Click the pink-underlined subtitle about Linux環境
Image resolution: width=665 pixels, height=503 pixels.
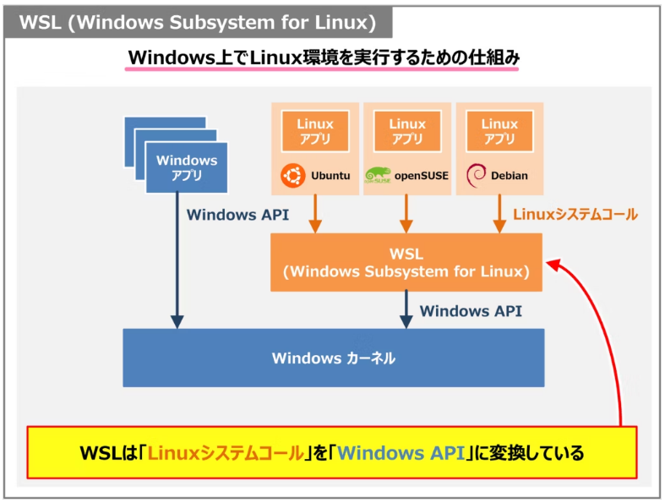323,58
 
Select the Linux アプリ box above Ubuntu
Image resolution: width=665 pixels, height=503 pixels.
315,132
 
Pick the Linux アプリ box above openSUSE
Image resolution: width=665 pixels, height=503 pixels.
407,132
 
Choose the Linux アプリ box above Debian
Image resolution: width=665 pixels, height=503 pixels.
499,132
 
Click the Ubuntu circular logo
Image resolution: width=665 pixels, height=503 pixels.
292,176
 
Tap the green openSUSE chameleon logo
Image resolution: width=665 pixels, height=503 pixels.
377,176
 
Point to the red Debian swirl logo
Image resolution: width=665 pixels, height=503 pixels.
477,176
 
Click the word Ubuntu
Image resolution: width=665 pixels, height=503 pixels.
330,176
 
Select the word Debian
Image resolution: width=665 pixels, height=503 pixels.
510,176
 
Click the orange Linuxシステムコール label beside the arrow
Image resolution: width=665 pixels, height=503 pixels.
575,215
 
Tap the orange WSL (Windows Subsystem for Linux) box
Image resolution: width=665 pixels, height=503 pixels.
406,262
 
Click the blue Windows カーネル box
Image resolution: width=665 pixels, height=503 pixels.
334,358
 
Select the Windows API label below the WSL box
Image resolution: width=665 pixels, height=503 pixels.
471,310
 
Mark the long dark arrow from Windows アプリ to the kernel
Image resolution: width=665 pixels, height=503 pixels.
177,262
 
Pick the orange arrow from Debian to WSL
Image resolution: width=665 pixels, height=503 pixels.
499,213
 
